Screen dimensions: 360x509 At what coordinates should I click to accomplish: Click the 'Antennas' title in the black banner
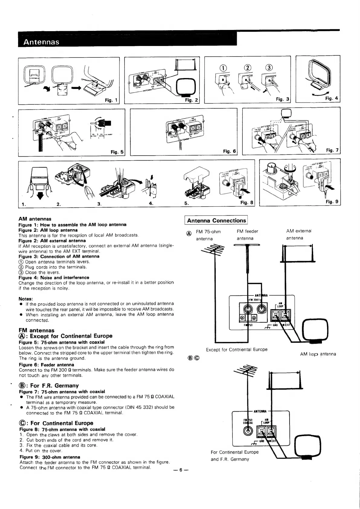click(x=41, y=42)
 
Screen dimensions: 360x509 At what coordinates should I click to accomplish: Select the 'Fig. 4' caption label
click(x=332, y=98)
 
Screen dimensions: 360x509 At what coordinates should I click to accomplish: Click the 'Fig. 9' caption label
click(x=332, y=202)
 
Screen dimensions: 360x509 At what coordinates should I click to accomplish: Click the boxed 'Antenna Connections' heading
click(x=216, y=220)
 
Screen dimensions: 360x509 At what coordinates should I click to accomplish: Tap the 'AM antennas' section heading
click(x=35, y=219)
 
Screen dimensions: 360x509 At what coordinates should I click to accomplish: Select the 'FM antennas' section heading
click(x=37, y=330)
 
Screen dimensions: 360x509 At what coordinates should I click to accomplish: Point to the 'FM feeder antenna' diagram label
click(x=247, y=235)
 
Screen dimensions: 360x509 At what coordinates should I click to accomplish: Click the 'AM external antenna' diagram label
click(x=299, y=234)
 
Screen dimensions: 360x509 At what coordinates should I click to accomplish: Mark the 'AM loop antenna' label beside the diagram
click(x=318, y=354)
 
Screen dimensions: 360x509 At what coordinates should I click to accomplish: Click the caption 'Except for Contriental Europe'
click(x=237, y=349)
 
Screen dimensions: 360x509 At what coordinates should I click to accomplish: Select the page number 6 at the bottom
click(x=180, y=470)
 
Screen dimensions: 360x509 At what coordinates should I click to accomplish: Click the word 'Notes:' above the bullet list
click(x=26, y=299)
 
